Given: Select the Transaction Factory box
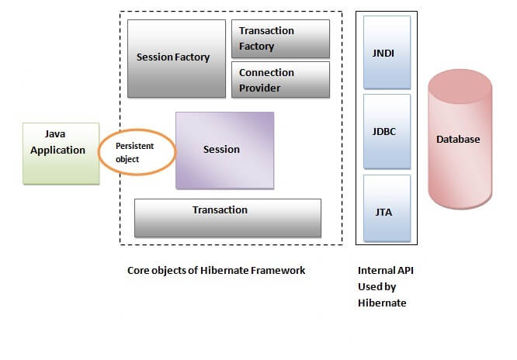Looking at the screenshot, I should tap(280, 39).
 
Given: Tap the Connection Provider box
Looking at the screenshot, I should tap(280, 80).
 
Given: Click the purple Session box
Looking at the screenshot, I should tap(224, 150).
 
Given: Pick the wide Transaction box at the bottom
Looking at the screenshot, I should tap(227, 217).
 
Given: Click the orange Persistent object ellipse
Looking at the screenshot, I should tap(137, 152).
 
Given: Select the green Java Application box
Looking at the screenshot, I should tap(61, 153).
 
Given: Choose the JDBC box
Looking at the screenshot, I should tap(386, 132).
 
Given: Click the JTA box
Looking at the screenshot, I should tap(386, 210).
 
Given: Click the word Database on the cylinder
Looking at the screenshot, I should tap(458, 140).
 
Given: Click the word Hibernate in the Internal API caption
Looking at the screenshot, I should tap(382, 303).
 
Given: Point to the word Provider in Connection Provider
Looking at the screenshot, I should tap(260, 88).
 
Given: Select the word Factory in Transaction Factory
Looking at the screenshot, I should tap(257, 46).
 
